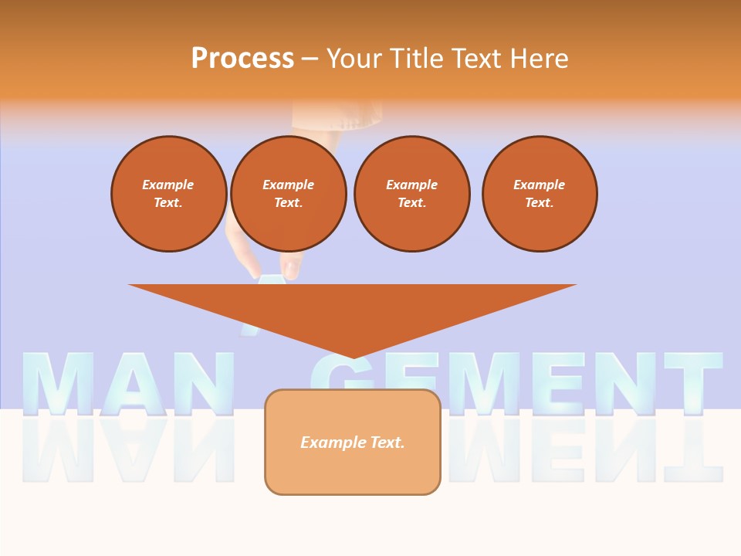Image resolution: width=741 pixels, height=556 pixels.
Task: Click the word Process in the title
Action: point(242,58)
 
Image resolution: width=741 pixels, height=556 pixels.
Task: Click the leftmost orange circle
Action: point(168,193)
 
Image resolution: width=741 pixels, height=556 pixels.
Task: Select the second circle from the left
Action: point(288,193)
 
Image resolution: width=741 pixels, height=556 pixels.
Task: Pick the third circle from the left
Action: point(411,193)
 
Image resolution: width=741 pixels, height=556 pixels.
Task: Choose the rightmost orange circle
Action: point(539,193)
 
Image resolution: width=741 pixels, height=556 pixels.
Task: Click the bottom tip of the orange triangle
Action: point(353,356)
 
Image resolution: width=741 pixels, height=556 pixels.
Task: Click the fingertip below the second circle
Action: point(291,271)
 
